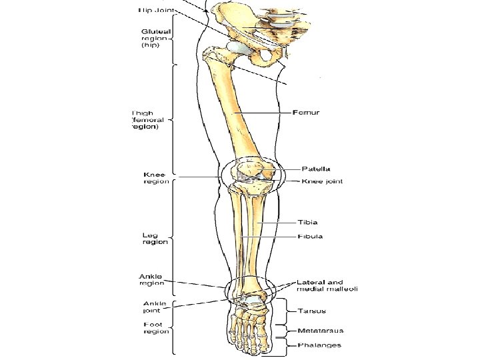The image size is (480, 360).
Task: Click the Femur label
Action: tap(307, 112)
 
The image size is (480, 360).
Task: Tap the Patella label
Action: tap(316, 169)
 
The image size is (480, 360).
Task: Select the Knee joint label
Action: tap(322, 181)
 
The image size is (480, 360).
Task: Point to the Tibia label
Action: tap(307, 222)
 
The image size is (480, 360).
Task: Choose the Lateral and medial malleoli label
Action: tap(327, 285)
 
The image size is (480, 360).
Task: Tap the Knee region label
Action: tap(156, 178)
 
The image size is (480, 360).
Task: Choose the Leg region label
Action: tap(155, 238)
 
